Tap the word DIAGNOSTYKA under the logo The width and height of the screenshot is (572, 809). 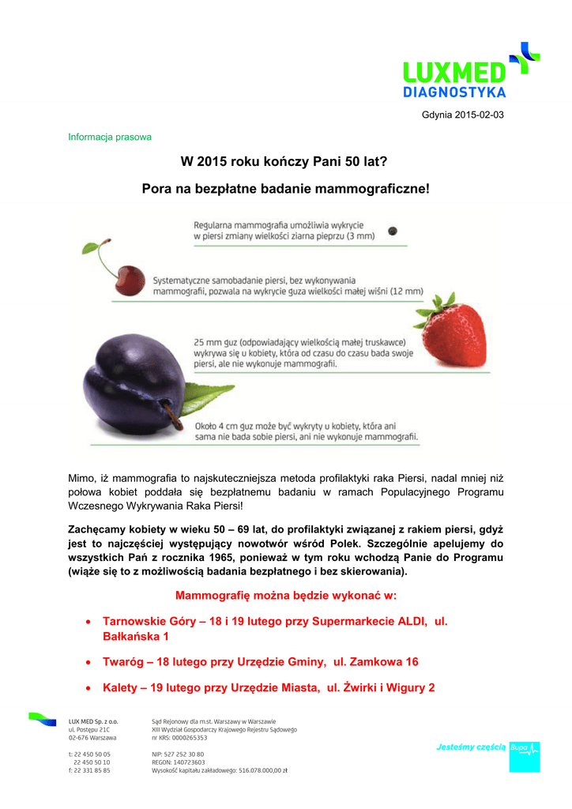point(454,92)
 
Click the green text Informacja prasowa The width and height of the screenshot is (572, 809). point(109,137)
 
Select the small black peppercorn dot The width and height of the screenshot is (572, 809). point(394,231)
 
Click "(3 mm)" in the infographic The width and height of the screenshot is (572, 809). point(359,235)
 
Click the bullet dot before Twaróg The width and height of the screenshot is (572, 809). point(88,662)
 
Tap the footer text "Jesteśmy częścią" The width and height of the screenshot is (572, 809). point(472,747)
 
